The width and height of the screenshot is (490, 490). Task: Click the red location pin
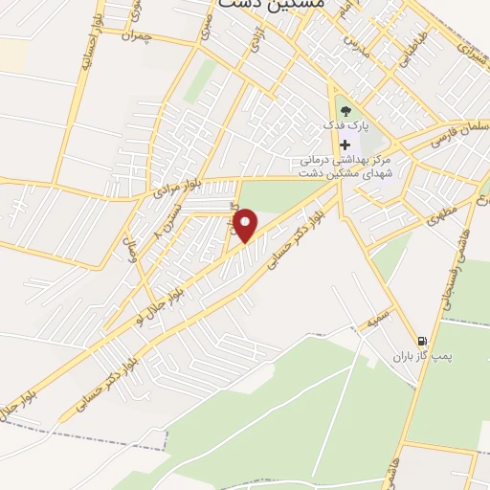(247, 226)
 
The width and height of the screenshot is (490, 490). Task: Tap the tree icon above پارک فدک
(345, 112)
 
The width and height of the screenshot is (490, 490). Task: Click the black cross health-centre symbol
(345, 145)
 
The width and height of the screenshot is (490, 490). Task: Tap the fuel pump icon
(420, 341)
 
